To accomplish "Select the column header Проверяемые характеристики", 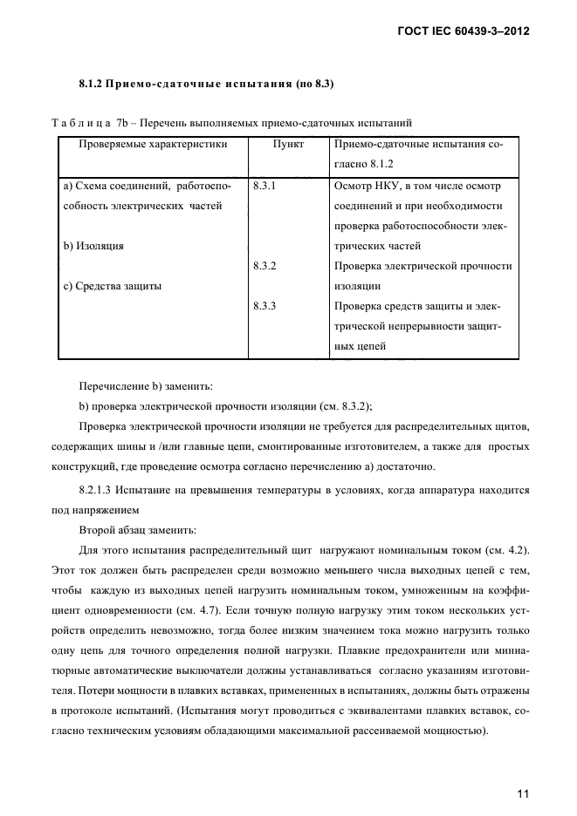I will pyautogui.click(x=154, y=145).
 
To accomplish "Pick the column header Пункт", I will pyautogui.click(x=288, y=145).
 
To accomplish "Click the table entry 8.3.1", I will pyautogui.click(x=264, y=186).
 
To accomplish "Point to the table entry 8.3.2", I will pyautogui.click(x=264, y=266).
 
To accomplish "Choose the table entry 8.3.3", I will pyautogui.click(x=264, y=306).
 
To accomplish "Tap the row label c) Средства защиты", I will pyautogui.click(x=113, y=286).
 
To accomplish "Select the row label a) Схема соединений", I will pyautogui.click(x=144, y=186).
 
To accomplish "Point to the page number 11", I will pyautogui.click(x=524, y=770).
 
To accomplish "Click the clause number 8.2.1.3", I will pyautogui.click(x=98, y=491).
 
